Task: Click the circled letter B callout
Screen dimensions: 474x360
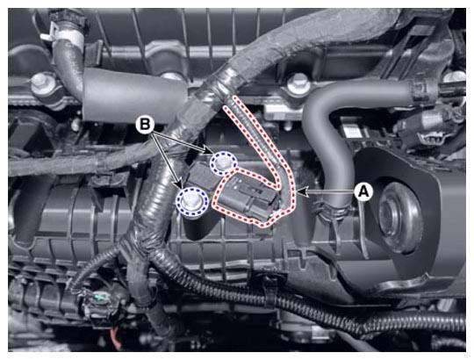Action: pyautogui.click(x=145, y=124)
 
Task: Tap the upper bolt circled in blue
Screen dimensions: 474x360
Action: pyautogui.click(x=224, y=162)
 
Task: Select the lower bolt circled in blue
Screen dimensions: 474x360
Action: pyautogui.click(x=192, y=201)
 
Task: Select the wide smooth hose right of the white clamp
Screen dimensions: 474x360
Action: pyautogui.click(x=133, y=96)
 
